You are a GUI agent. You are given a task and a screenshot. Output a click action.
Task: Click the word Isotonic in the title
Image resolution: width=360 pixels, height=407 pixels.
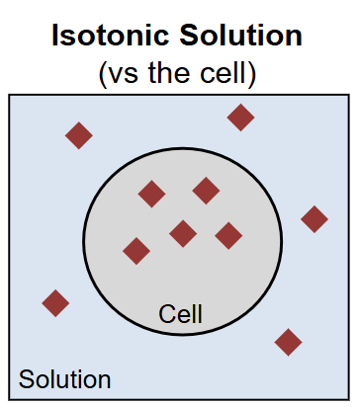click(x=111, y=35)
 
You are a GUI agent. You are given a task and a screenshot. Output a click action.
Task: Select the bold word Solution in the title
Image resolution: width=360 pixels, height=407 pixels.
click(x=241, y=35)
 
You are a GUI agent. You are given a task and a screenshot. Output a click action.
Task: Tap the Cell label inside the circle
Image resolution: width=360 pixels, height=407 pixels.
click(x=180, y=314)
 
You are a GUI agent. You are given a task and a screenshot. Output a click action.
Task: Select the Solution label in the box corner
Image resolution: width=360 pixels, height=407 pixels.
click(x=64, y=379)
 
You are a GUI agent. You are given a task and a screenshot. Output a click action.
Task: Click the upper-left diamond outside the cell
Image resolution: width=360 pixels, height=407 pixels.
click(x=79, y=135)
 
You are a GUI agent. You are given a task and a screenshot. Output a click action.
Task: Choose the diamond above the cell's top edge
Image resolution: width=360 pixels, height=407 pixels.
click(x=240, y=118)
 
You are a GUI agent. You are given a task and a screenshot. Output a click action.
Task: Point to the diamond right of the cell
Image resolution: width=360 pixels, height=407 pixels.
click(x=315, y=219)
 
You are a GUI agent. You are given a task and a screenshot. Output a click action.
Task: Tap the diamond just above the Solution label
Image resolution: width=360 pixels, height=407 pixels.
click(x=55, y=303)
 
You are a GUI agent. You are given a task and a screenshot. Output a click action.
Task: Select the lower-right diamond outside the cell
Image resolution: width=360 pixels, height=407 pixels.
click(x=288, y=342)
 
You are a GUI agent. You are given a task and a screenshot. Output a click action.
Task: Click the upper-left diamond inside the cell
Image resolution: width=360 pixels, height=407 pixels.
click(x=151, y=194)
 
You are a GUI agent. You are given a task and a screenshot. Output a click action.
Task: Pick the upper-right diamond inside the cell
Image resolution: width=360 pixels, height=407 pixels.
click(x=206, y=191)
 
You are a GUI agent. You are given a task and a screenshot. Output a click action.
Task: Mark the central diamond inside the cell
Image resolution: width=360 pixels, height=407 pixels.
click(x=183, y=234)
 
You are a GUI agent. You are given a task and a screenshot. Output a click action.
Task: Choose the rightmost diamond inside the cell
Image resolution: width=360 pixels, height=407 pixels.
click(x=228, y=236)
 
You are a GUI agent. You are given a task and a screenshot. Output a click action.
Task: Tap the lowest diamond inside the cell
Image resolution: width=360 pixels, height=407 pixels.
click(x=136, y=251)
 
